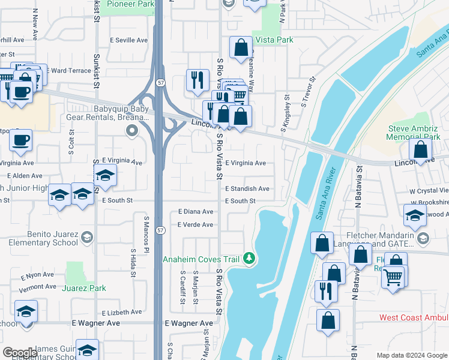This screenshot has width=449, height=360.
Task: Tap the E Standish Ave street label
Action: tap(247, 188)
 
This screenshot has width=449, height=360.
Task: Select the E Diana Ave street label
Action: tap(196, 212)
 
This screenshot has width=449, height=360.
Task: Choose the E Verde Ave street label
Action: tap(195, 224)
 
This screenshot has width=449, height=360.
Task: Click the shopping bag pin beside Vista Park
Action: tap(241, 49)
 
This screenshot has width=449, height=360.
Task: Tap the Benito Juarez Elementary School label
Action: tap(52, 239)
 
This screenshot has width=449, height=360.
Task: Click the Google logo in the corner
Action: tap(20, 353)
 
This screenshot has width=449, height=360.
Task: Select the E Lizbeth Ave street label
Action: tap(122, 313)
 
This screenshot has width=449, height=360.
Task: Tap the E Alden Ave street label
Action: tap(25, 176)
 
